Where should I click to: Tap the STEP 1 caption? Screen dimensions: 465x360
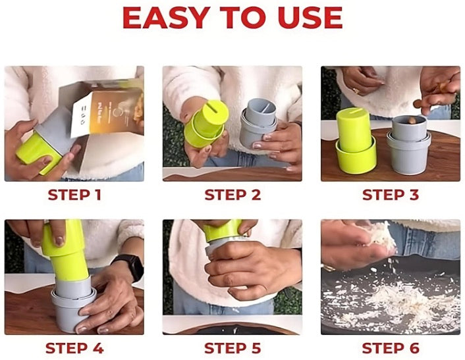point(74,195)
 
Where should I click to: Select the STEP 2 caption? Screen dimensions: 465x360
point(232,195)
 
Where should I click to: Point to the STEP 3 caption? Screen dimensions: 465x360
point(391,195)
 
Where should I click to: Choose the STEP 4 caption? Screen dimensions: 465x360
point(74,348)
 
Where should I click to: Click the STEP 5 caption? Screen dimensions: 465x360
point(232,348)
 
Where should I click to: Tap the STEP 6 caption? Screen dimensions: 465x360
point(391,348)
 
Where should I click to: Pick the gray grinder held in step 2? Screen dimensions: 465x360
point(258,122)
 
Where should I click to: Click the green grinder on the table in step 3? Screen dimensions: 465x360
point(355,141)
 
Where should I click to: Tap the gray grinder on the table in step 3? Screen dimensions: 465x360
point(408,145)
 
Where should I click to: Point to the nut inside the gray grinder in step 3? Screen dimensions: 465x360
point(412,120)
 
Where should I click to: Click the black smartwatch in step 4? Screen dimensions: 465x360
point(130,266)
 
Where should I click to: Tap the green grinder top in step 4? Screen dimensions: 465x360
point(65,252)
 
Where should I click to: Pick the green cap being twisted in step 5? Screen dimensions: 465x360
point(223,230)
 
